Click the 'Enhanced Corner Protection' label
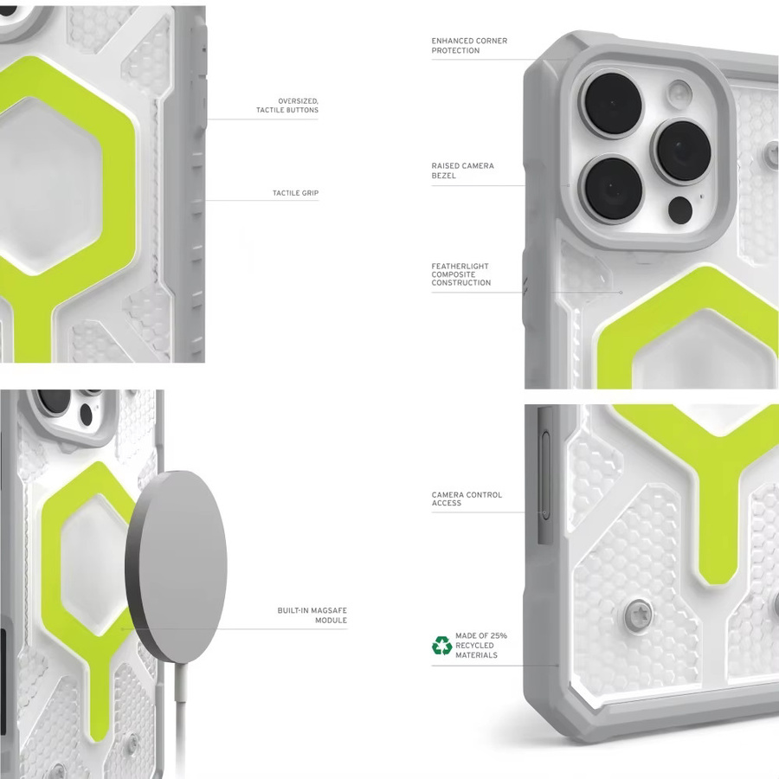click(469, 45)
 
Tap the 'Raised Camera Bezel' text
click(462, 171)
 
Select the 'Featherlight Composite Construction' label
click(461, 274)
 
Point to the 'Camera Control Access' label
click(467, 499)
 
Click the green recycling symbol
click(441, 646)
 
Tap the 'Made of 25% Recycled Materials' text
click(481, 646)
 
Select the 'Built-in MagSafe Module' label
click(312, 615)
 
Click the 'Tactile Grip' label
click(296, 193)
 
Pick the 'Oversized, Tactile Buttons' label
click(287, 106)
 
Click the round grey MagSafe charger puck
click(177, 566)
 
